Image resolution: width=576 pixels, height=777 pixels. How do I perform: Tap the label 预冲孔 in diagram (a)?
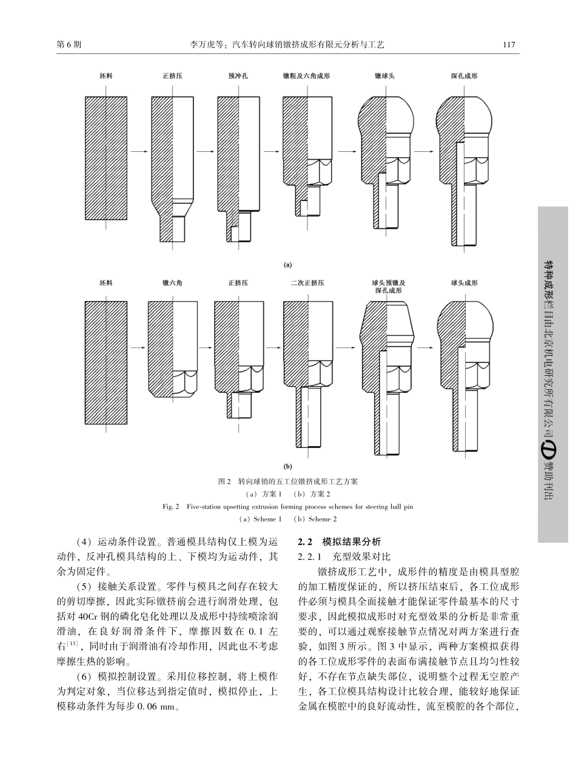[x=238, y=76]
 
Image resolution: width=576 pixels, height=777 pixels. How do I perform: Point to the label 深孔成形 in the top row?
[x=464, y=76]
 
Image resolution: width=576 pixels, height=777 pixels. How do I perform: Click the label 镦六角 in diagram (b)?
[x=172, y=283]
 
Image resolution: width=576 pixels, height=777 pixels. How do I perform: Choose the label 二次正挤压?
[x=307, y=283]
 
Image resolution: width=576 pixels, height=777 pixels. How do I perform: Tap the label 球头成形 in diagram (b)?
[x=464, y=283]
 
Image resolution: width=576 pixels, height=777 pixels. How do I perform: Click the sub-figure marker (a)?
[x=288, y=265]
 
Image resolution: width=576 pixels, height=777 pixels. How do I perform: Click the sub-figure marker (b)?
[x=288, y=467]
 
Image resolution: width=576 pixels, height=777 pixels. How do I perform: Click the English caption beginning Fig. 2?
[x=288, y=507]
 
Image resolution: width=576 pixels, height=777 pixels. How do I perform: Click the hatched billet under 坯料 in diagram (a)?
[x=106, y=158]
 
